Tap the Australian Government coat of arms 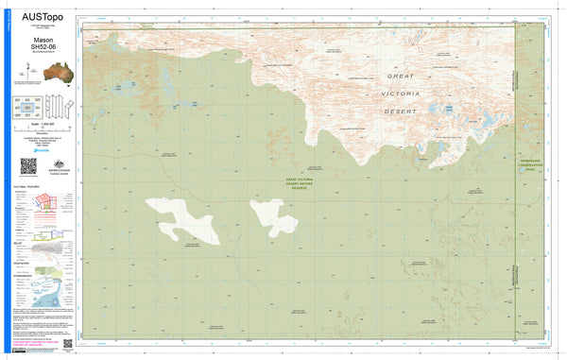coord(52,164)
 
